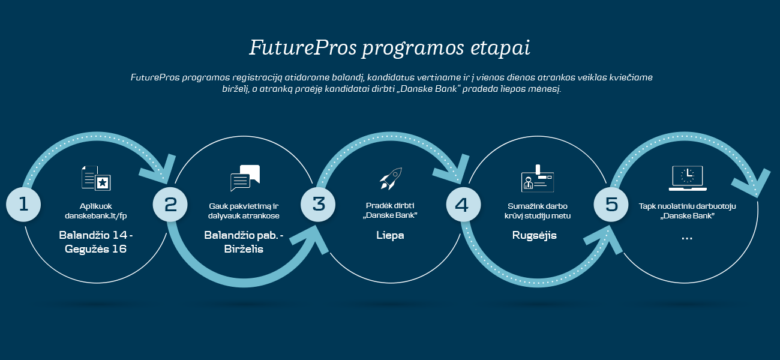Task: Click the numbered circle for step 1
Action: coord(23,205)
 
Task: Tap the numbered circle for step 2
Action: coord(170,205)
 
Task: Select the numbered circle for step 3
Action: coord(318,205)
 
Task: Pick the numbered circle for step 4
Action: coord(463,205)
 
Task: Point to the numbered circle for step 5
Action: coord(611,205)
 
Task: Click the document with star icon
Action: coord(96,178)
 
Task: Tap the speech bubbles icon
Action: coord(245,178)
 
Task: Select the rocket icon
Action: coord(391,178)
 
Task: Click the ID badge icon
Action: coord(538,178)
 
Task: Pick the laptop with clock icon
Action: coord(688,178)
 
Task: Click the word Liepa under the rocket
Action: coord(390,235)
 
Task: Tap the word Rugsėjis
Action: coord(535,236)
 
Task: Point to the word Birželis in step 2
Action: coord(244,249)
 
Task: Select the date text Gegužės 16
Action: coord(96,249)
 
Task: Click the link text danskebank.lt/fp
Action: coord(96,216)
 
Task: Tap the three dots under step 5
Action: coord(686,239)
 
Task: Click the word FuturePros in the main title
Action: coord(303,47)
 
